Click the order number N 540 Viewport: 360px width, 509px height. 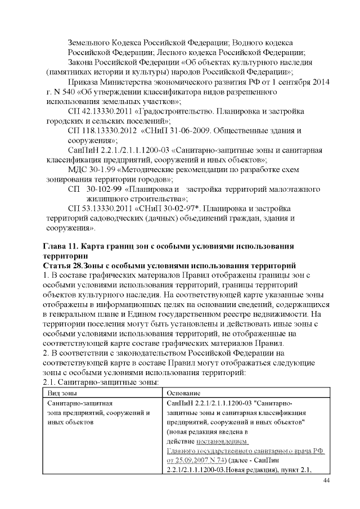click(63, 92)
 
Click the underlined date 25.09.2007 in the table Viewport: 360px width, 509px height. click(188, 461)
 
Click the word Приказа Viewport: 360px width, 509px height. click(84, 82)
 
